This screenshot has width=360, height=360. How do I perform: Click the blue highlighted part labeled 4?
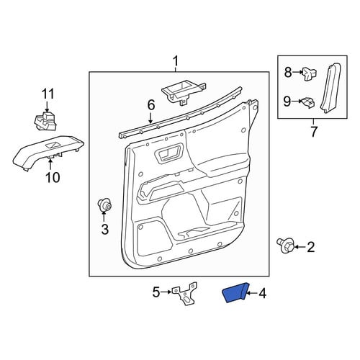(235, 292)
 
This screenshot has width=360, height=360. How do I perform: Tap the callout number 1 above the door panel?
(176, 61)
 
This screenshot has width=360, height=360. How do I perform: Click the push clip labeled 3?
(104, 204)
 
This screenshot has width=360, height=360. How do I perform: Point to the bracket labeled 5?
(185, 293)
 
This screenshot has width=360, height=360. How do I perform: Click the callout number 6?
(151, 105)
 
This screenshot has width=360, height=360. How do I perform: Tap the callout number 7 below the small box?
(314, 131)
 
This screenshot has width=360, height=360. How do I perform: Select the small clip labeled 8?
(310, 73)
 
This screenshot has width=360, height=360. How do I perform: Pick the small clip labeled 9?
(307, 103)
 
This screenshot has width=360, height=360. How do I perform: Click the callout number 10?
(52, 178)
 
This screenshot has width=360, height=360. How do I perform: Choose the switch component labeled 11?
(46, 121)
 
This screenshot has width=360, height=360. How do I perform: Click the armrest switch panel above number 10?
(48, 152)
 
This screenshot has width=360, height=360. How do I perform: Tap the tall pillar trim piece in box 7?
(332, 88)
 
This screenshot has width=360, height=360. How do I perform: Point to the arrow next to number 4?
(251, 293)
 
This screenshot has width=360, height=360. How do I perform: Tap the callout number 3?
(105, 229)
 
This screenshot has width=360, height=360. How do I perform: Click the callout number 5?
(156, 292)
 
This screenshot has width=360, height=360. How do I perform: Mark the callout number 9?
(287, 102)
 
